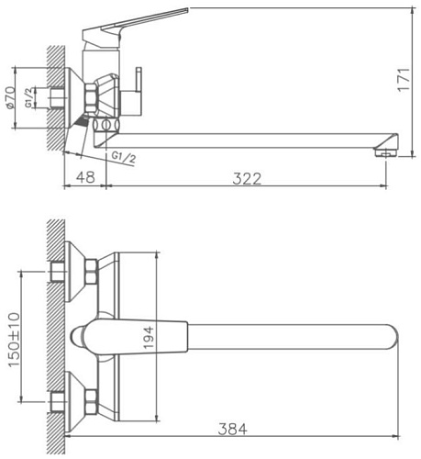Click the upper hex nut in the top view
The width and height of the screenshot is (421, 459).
pos(91,272)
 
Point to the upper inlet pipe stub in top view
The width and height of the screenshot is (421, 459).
pos(59,272)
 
